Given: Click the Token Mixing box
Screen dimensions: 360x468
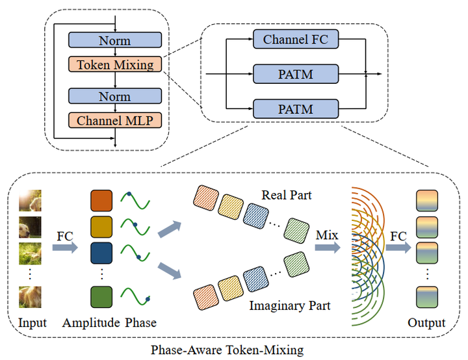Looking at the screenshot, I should pyautogui.click(x=114, y=65).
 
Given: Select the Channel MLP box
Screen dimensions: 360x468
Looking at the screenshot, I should pyautogui.click(x=114, y=120).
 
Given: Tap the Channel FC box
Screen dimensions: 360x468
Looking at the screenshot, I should pyautogui.click(x=296, y=40).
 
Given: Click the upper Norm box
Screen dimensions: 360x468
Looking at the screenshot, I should pyautogui.click(x=114, y=41).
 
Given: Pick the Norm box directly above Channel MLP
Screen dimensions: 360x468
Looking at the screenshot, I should pyautogui.click(x=114, y=96).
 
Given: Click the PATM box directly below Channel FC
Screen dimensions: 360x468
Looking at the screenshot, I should pyautogui.click(x=296, y=75).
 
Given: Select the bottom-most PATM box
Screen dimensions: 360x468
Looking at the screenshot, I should pyautogui.click(x=296, y=109).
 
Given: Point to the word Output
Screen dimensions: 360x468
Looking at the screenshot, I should pyautogui.click(x=426, y=323).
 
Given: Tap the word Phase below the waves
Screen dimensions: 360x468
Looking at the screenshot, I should pyautogui.click(x=141, y=323).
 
